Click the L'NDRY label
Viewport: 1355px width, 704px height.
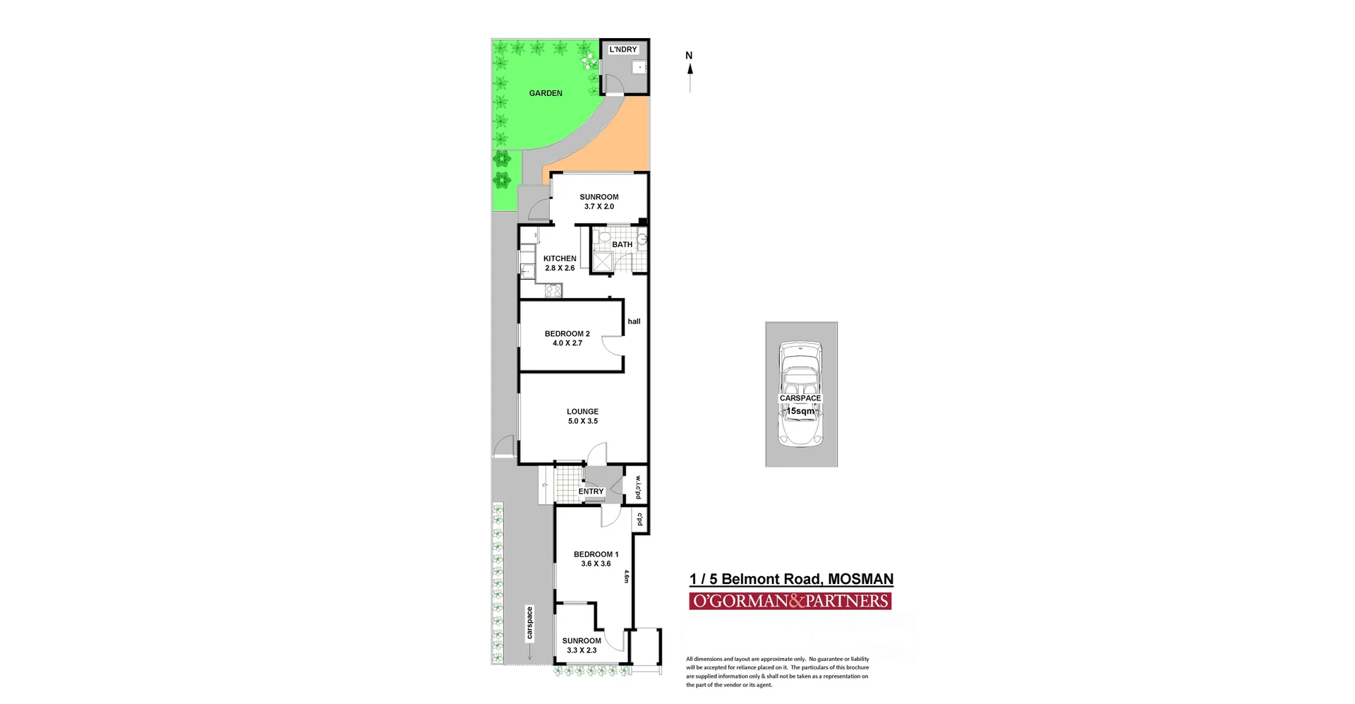point(623,49)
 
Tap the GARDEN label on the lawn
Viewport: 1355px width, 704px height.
point(546,93)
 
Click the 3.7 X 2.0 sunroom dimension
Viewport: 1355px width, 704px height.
point(598,207)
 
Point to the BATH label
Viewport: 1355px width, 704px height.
point(622,245)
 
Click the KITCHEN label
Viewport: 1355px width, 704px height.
point(560,258)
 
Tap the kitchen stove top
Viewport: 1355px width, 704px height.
point(553,290)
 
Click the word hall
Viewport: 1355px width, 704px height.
point(634,321)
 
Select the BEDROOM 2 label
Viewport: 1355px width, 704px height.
point(567,334)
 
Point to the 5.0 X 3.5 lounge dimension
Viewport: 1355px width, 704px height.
point(582,422)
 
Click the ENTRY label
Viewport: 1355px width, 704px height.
point(591,491)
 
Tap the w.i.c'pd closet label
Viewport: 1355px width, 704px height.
point(637,485)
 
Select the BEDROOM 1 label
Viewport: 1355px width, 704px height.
point(596,554)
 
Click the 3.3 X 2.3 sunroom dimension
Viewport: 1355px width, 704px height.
point(581,651)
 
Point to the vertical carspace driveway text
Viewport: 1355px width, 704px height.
point(529,623)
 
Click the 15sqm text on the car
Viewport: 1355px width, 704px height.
point(800,411)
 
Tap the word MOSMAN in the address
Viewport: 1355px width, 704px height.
point(860,580)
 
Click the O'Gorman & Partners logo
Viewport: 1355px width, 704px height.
point(790,601)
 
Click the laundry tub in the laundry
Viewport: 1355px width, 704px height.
point(638,68)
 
